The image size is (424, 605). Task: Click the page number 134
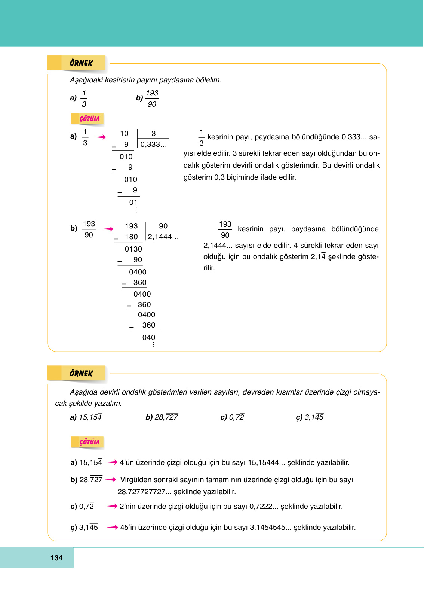click(56, 558)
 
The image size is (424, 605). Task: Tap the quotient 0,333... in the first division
click(153, 145)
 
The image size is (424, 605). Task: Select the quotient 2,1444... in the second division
click(163, 237)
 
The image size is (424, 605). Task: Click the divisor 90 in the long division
click(163, 226)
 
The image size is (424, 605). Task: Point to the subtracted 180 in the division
click(131, 237)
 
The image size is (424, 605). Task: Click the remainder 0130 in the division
click(133, 249)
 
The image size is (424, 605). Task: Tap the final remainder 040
click(148, 338)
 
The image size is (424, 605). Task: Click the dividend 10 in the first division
click(124, 134)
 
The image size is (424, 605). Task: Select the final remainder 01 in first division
click(133, 203)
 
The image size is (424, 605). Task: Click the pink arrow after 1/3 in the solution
click(100, 137)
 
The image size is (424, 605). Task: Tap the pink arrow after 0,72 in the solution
click(112, 506)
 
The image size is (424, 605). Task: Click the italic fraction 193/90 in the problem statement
click(152, 99)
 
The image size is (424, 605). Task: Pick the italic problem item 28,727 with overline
click(166, 417)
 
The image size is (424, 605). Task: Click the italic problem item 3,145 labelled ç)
click(314, 417)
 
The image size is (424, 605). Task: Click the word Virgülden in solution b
click(136, 480)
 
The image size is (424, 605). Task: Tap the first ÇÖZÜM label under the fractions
click(89, 119)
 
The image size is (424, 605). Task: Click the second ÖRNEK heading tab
click(81, 373)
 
